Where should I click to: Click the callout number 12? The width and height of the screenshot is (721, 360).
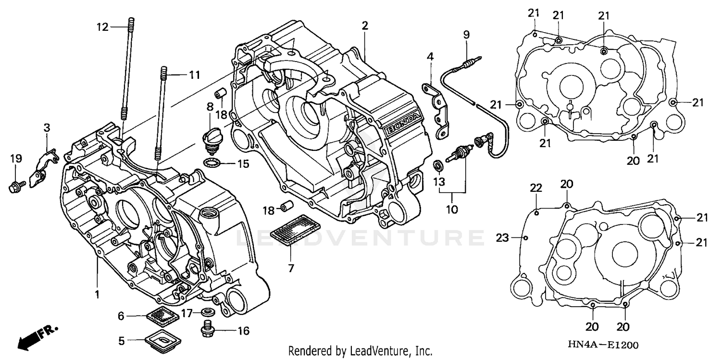102,27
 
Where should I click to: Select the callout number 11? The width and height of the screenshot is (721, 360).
194,75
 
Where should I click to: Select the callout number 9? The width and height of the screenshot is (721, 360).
466,35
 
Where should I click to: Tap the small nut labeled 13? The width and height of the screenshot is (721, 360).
438,166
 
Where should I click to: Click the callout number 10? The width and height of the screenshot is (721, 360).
452,210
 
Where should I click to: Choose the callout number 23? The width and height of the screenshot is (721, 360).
502,237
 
